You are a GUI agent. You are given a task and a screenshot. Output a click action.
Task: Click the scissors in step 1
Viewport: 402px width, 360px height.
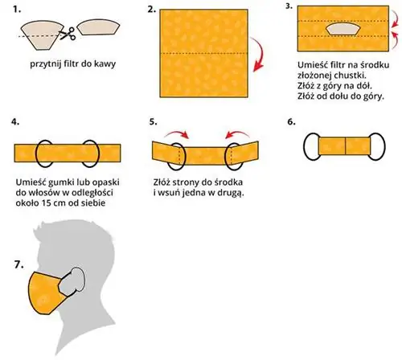coord(68,34)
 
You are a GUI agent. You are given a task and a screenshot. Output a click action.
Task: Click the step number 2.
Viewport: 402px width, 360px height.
coord(151,10)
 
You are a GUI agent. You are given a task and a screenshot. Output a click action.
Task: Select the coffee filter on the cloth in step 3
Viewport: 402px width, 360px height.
coord(343,29)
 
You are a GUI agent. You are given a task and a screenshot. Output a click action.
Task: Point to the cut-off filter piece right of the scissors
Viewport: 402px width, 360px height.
coord(98,27)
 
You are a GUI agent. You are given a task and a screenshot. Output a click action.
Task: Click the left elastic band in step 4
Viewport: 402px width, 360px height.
coord(44,153)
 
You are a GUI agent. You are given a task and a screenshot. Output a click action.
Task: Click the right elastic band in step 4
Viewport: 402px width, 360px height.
coord(90,153)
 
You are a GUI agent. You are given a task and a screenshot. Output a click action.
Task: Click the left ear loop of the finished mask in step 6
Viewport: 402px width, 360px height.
coord(304,146)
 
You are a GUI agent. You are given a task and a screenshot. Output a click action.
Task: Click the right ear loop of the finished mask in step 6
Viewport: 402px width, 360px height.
coord(384,146)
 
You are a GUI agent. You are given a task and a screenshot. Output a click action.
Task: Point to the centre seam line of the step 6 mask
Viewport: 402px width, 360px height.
coord(345,146)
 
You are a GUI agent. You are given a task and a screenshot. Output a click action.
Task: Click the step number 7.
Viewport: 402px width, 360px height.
coord(18,265)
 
